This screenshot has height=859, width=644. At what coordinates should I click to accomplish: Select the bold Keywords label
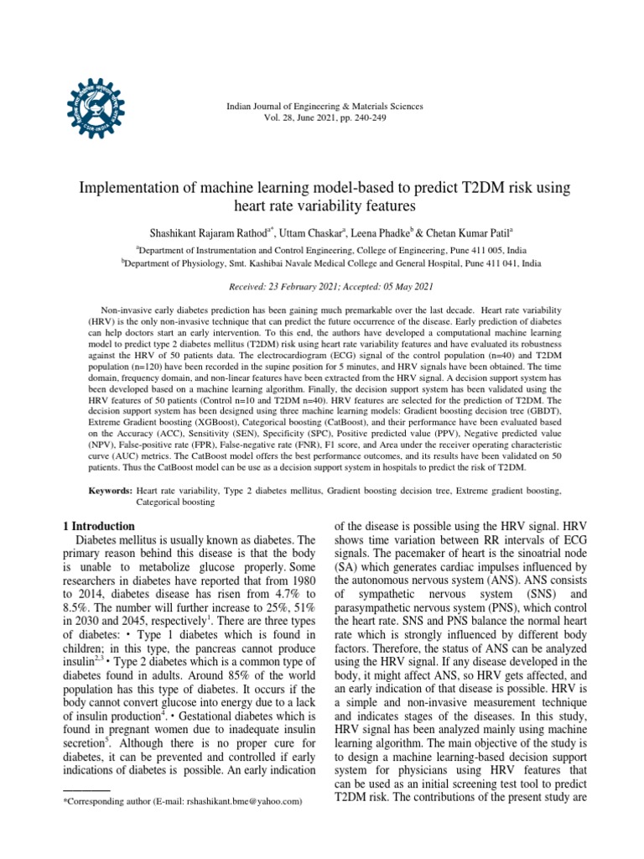(x=111, y=489)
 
